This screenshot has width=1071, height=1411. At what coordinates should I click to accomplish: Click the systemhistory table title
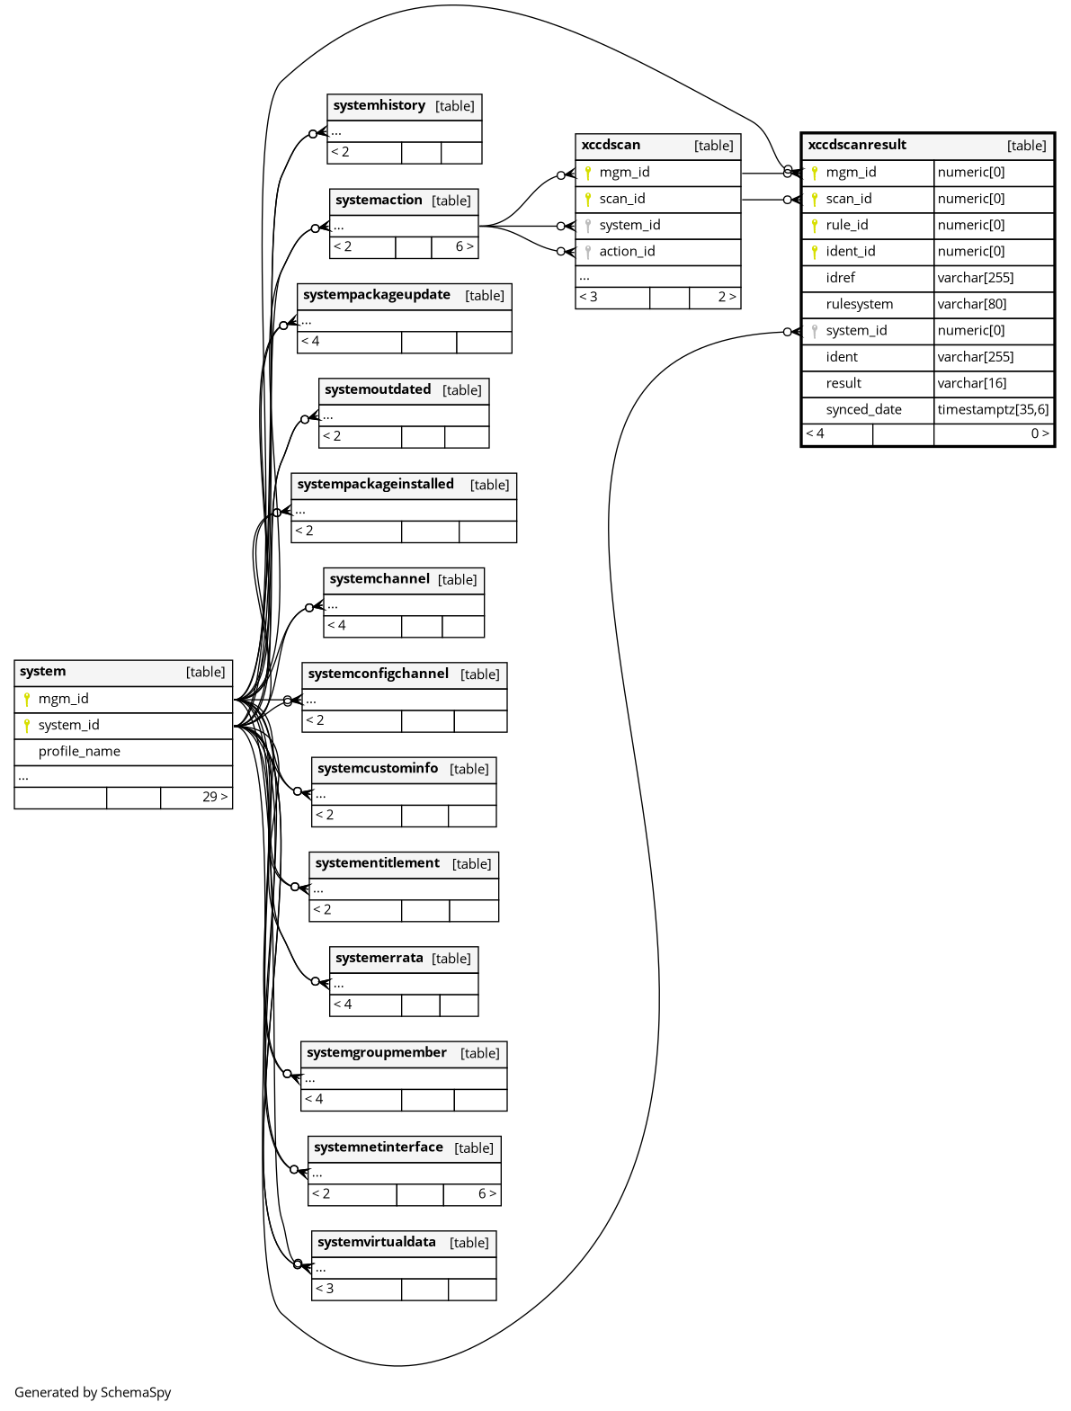(x=379, y=105)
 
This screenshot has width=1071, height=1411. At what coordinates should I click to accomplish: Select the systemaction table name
(x=379, y=200)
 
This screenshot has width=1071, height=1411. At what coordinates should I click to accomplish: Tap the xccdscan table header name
(x=611, y=145)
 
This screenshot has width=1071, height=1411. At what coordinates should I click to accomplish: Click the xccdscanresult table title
(x=857, y=145)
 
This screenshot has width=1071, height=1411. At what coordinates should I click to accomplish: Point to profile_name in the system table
(x=79, y=751)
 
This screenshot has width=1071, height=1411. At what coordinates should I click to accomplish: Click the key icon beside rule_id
(x=815, y=225)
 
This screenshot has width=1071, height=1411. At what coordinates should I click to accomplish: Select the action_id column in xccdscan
(x=627, y=251)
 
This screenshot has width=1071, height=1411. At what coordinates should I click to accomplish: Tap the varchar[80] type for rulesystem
(x=972, y=304)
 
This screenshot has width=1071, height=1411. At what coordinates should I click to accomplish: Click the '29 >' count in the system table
(x=215, y=797)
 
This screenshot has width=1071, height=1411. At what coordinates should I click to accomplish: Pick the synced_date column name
(x=863, y=409)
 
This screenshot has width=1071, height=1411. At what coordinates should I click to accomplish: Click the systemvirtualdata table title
(x=376, y=1242)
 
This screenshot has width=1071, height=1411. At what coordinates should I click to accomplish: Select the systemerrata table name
(x=379, y=958)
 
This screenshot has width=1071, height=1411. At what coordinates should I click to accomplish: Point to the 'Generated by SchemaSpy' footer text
(x=93, y=1392)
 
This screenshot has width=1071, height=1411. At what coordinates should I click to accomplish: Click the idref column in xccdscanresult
(x=840, y=278)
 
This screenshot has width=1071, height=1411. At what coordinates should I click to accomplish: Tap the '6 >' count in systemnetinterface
(x=486, y=1193)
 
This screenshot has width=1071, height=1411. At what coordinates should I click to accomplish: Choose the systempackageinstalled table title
(x=375, y=484)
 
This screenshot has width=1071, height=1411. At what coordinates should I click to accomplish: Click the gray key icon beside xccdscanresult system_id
(x=815, y=331)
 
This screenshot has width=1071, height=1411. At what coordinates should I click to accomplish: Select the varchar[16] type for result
(x=972, y=383)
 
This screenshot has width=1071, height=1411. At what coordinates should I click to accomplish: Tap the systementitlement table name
(x=377, y=862)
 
